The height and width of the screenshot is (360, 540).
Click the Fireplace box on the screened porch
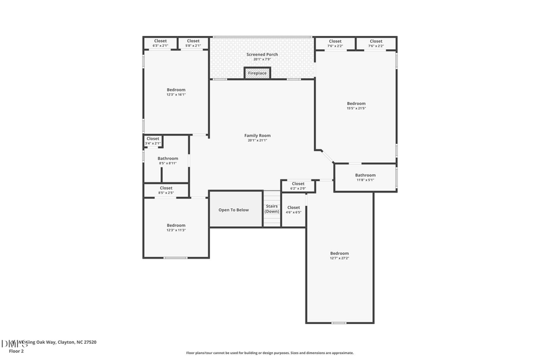(257, 73)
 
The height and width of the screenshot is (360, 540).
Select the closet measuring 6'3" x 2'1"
(160, 43)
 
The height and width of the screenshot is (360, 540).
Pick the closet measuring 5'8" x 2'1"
(193, 43)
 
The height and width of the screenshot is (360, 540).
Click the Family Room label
(257, 137)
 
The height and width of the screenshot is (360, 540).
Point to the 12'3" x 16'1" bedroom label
(176, 92)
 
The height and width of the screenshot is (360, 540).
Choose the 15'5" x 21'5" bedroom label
(356, 106)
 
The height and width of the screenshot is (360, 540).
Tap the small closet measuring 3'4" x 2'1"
(153, 140)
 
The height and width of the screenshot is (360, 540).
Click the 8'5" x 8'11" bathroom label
(168, 160)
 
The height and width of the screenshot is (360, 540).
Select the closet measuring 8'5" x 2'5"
(166, 190)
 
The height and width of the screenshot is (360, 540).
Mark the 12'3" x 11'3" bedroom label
(176, 227)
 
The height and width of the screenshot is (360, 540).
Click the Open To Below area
(233, 210)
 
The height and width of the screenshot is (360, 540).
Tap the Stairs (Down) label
(272, 209)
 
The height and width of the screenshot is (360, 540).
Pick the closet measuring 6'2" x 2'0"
(298, 186)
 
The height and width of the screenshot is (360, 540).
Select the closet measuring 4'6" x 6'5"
(293, 209)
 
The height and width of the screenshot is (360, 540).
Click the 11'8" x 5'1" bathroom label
(365, 177)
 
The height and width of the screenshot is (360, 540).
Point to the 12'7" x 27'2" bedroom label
(339, 256)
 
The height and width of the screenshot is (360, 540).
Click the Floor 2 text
(16, 350)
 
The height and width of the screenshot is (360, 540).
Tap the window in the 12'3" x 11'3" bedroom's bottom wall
(176, 258)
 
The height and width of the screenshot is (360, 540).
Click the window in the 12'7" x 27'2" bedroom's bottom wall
(339, 323)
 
